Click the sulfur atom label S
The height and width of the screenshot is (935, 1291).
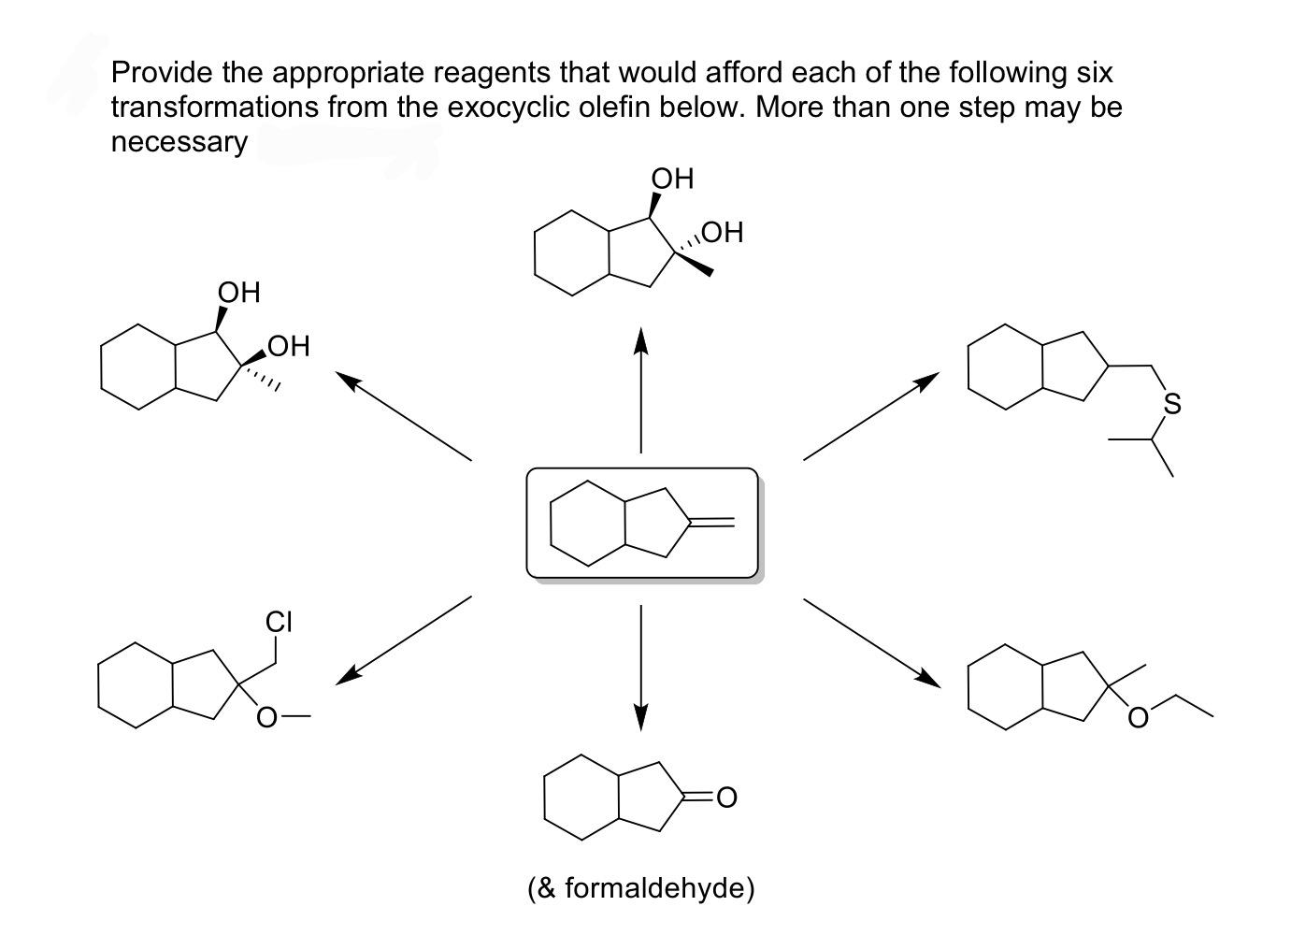tap(1171, 404)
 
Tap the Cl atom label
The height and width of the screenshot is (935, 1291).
tap(279, 621)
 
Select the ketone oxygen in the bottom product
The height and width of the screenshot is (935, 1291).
tap(726, 798)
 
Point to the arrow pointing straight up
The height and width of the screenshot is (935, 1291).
tap(640, 389)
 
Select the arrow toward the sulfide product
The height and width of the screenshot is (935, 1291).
tap(869, 417)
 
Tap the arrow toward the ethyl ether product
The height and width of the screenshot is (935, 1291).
tap(871, 641)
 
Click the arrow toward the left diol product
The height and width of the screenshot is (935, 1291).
tap(404, 417)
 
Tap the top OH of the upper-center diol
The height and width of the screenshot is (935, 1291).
tap(672, 178)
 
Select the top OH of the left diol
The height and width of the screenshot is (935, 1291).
tap(239, 292)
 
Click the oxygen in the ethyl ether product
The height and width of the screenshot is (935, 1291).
tap(1137, 718)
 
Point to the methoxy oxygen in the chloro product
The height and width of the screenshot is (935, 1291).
tap(267, 718)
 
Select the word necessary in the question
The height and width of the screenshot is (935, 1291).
tap(179, 142)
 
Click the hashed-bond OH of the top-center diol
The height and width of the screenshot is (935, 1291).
tap(721, 232)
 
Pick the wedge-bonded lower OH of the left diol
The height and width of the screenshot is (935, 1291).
tap(288, 347)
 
